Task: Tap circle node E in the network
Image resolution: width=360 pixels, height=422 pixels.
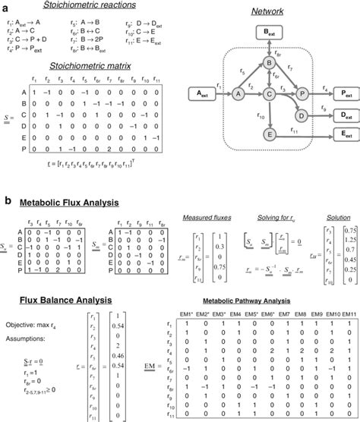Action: (268, 133)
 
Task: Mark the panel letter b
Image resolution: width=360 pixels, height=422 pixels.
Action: (8, 200)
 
